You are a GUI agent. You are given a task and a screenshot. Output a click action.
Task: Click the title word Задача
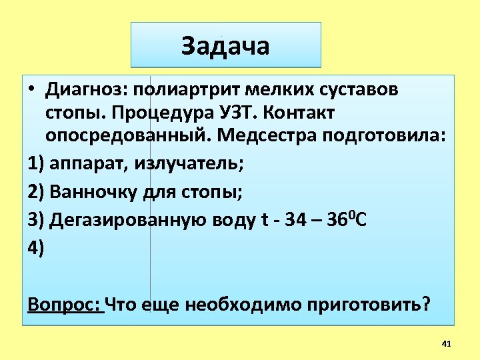225,46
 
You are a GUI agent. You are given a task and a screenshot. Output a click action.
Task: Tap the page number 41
447,343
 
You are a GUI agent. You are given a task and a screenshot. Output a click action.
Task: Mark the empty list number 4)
36,247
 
